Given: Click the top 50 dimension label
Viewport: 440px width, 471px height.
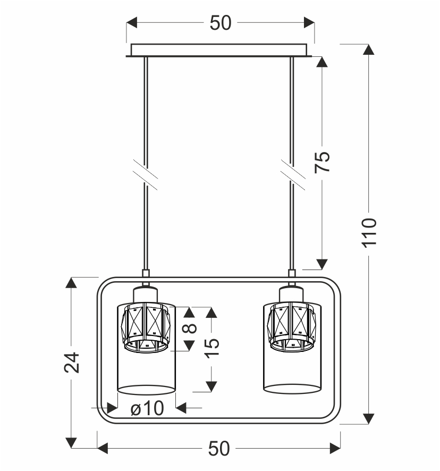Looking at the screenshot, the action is click(x=221, y=23).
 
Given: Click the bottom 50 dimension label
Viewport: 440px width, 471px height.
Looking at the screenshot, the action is click(x=219, y=449).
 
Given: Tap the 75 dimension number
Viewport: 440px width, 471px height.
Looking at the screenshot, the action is click(x=322, y=162).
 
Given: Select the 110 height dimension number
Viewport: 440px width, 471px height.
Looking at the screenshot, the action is click(x=369, y=233).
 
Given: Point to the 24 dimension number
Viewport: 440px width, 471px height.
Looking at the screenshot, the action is click(x=72, y=363).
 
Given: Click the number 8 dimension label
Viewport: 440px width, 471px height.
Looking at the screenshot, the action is click(x=190, y=329).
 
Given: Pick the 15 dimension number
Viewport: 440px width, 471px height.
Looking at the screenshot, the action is click(x=211, y=348).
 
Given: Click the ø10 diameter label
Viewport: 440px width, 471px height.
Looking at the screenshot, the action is click(x=147, y=408).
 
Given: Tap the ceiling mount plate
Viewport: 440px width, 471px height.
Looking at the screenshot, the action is click(x=219, y=50).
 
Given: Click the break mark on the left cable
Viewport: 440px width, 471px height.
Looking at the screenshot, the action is click(x=146, y=175).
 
